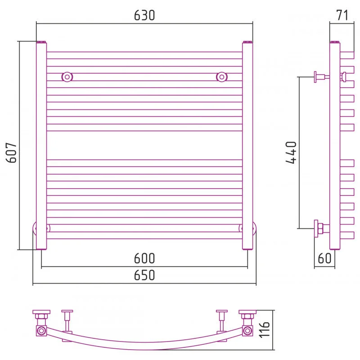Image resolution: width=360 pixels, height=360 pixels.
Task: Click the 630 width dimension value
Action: pyautogui.click(x=144, y=15)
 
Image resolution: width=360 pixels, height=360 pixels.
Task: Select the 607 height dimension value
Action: pyautogui.click(x=12, y=153)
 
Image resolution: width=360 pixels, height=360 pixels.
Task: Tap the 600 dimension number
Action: pyautogui.click(x=144, y=258)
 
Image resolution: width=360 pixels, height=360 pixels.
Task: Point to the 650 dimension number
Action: pyautogui.click(x=144, y=275)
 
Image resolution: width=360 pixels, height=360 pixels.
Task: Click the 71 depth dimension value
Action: pyautogui.click(x=342, y=15)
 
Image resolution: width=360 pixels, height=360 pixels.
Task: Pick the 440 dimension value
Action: pyautogui.click(x=291, y=153)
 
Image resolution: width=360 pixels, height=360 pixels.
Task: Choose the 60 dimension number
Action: pyautogui.click(x=324, y=258)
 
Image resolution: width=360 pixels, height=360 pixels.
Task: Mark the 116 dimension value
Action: pyautogui.click(x=264, y=330)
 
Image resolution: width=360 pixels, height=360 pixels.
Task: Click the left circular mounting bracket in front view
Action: pyautogui.click(x=67, y=77)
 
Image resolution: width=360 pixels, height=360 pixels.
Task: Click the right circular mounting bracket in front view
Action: pyautogui.click(x=222, y=77)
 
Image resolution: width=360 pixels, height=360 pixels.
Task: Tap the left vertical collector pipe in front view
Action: pyautogui.click(x=41, y=145)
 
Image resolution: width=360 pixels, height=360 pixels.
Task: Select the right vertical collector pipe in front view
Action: pyautogui.click(x=247, y=145)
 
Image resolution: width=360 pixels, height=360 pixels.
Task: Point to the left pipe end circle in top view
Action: pyautogui.click(x=41, y=331)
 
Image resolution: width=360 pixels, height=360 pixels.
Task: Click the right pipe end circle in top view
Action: pyautogui.click(x=247, y=331)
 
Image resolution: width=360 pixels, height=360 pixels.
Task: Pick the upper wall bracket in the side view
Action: pyautogui.click(x=322, y=77)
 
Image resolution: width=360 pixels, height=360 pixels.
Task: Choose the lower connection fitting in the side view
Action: pyautogui.click(x=322, y=229)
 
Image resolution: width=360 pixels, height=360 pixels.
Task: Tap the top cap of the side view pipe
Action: pyautogui.click(x=335, y=42)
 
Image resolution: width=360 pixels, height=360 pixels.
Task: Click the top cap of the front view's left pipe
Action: pyautogui.click(x=41, y=42)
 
